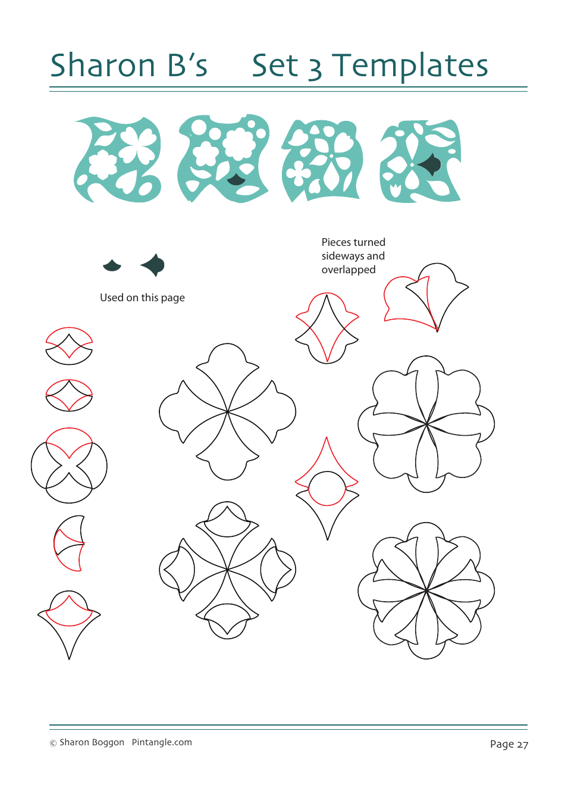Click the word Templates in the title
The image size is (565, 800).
(410, 67)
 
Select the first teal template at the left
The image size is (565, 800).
(118, 160)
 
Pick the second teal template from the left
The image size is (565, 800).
(224, 158)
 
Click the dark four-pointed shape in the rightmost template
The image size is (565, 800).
(430, 164)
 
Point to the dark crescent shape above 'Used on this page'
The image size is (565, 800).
(112, 265)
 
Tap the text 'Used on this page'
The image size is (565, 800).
(142, 298)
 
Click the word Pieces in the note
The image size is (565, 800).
(336, 242)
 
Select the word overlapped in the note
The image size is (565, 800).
(349, 270)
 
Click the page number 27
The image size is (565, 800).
(522, 744)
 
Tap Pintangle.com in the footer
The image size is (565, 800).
(162, 742)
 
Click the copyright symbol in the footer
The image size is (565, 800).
(53, 743)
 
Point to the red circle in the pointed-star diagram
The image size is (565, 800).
(327, 488)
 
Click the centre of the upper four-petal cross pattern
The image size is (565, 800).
(227, 411)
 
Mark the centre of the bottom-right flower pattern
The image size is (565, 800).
(426, 591)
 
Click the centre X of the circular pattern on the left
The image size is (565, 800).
(69, 465)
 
